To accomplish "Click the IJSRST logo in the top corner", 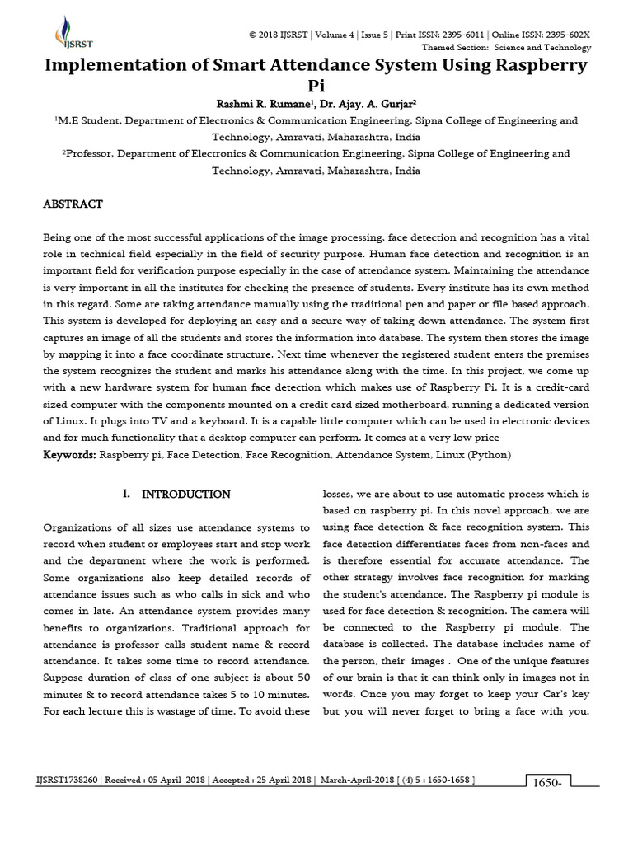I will tap(63, 31).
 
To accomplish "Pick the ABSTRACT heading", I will tap(73, 204).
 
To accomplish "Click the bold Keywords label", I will tap(69, 454).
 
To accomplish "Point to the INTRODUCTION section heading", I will tap(186, 495).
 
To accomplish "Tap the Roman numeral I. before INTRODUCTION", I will tap(126, 495).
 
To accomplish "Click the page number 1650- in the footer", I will tap(547, 782).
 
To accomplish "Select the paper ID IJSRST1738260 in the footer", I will tap(67, 780).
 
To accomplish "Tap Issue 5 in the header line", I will tap(373, 35).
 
